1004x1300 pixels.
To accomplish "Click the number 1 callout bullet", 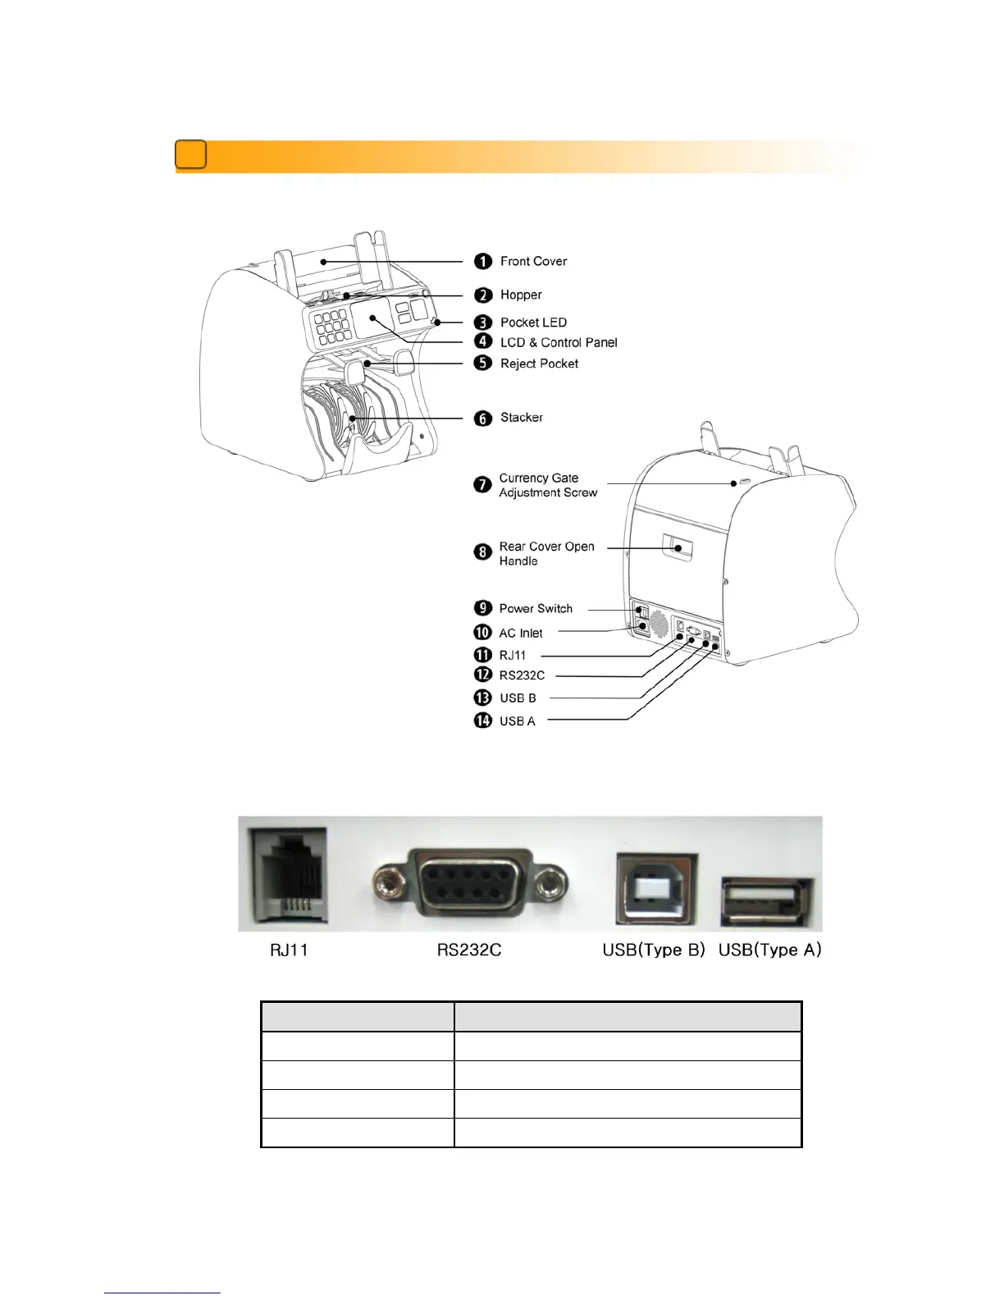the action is tap(483, 261).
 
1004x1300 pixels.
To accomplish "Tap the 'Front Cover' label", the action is tap(533, 261).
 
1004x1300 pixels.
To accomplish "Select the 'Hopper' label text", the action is tap(521, 295).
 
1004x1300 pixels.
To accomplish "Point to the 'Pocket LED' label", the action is tap(533, 323).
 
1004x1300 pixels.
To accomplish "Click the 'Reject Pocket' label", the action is tap(539, 364).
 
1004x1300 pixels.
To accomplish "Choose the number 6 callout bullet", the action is tap(483, 419).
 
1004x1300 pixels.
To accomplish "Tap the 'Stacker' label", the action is tap(522, 418).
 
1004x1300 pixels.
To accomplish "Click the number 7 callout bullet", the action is tap(483, 484).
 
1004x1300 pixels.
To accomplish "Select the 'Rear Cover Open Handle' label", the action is tap(546, 553).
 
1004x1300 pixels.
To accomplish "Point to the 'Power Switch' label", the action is tap(536, 608).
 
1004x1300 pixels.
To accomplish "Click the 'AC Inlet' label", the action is tap(521, 633).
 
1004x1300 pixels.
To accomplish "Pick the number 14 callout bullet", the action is tap(482, 721).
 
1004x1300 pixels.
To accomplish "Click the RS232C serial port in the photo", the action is tap(469, 883).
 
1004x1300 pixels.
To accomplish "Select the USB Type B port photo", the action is tap(655, 890).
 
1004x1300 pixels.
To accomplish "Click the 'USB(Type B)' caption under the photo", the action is tap(654, 950).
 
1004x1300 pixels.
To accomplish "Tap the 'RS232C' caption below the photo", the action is tap(469, 950).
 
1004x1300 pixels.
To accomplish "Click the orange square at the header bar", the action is tap(190, 155).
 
